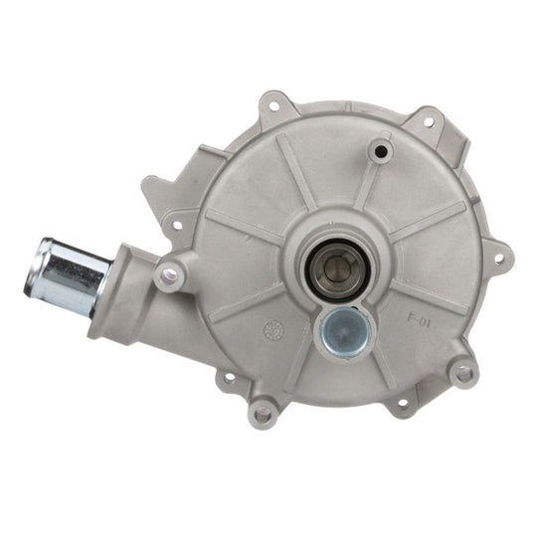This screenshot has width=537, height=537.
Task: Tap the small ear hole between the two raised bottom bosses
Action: click(403, 404)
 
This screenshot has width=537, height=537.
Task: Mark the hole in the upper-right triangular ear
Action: click(429, 123)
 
